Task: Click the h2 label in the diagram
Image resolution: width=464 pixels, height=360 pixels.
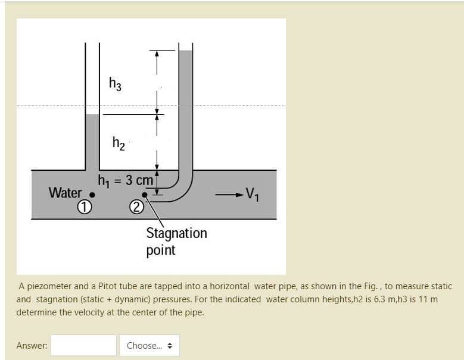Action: (x=119, y=143)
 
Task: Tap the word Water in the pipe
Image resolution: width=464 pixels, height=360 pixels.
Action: (x=65, y=193)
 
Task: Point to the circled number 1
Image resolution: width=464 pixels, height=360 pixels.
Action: (x=85, y=207)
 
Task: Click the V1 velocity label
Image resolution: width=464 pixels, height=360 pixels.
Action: (x=253, y=194)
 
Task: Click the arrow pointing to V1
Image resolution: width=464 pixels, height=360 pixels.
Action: (x=227, y=194)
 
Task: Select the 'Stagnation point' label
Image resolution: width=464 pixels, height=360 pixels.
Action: (x=176, y=241)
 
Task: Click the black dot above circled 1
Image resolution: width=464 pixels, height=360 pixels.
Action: (x=92, y=194)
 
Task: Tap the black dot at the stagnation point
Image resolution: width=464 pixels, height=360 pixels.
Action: (x=144, y=195)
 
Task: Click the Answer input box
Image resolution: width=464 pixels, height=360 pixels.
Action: (x=83, y=345)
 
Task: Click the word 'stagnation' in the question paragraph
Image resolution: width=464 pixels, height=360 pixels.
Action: (x=57, y=299)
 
